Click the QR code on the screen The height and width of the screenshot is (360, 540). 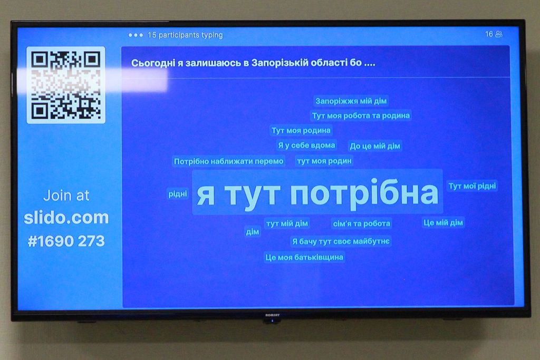pos(66,85)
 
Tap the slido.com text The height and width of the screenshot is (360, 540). pos(66,218)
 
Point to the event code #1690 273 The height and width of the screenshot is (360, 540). pos(66,241)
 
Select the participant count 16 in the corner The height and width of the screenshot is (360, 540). pos(489,34)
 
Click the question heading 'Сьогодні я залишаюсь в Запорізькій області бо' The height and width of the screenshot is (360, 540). pos(253,63)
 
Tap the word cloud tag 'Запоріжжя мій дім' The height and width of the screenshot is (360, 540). pos(351,101)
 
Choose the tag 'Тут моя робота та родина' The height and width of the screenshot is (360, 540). pos(361,115)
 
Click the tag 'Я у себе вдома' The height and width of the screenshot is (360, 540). pos(306,145)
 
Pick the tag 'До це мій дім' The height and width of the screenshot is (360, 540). pos(375,146)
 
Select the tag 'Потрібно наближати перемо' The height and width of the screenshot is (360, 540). pos(229,161)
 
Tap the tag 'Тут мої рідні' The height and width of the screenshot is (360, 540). pos(472,186)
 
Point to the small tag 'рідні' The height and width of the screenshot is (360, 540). pos(178,194)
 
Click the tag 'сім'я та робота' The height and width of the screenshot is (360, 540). pos(362,223)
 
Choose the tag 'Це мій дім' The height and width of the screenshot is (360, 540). pos(443,222)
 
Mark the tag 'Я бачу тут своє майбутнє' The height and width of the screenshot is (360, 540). pos(341,241)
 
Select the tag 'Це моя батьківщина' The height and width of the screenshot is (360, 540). pos(304,257)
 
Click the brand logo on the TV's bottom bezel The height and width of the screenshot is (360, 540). pos(273,315)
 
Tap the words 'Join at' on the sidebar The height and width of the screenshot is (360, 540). pos(66,196)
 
